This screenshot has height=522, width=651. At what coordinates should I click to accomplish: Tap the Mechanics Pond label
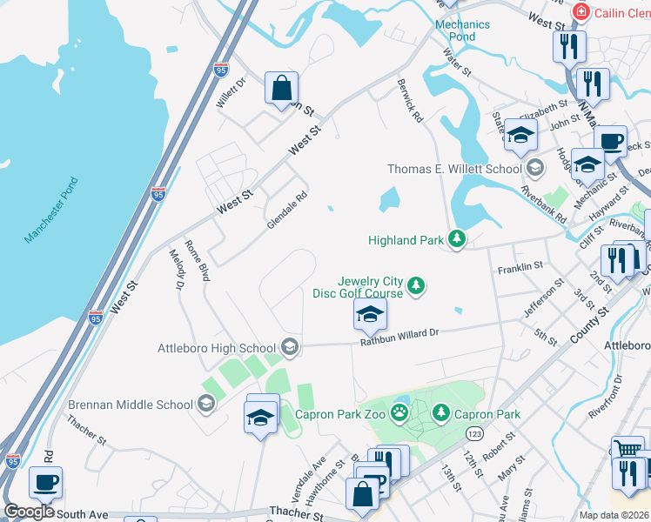click(456, 31)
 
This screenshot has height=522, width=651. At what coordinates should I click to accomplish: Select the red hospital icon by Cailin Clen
click(581, 12)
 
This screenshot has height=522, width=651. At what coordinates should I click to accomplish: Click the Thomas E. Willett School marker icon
click(534, 168)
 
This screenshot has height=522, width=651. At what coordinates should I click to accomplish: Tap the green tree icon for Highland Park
click(456, 239)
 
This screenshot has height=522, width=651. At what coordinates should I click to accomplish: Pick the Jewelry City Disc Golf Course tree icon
click(417, 285)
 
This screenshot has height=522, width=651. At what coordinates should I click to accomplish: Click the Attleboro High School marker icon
click(289, 348)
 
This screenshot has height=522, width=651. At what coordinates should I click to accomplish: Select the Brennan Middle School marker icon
click(205, 404)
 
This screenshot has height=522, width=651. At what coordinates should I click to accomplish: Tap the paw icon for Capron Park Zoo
click(399, 413)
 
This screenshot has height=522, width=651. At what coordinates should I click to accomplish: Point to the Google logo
click(30, 512)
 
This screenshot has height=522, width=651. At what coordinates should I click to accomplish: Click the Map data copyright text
click(613, 515)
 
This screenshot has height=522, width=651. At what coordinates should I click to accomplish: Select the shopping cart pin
click(628, 450)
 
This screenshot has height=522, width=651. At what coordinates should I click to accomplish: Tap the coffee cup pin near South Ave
click(45, 480)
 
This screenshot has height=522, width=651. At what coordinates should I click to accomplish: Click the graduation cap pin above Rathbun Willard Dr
click(370, 313)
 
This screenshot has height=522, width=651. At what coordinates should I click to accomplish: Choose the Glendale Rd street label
click(288, 210)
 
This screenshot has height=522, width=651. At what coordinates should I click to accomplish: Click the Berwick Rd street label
click(409, 104)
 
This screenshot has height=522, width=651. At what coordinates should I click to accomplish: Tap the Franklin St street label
click(520, 268)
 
